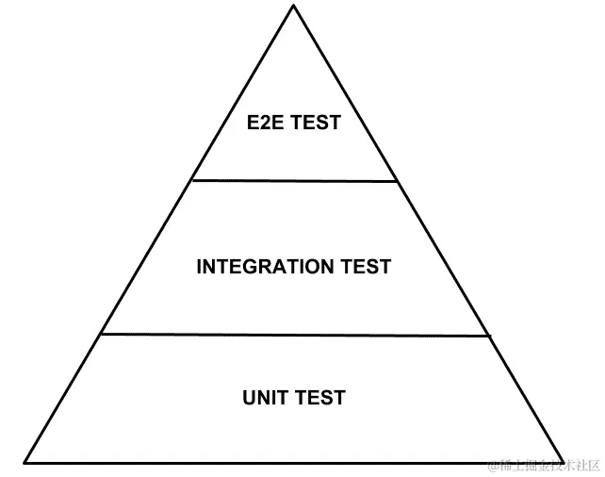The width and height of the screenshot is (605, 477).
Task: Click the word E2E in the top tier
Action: pos(266,123)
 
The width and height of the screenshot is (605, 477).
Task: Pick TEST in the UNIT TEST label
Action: pos(319,397)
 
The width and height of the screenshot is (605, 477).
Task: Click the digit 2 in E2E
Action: pos(266,123)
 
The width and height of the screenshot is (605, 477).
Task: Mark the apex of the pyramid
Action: pos(293,6)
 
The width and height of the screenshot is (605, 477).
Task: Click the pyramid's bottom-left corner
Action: pos(25,462)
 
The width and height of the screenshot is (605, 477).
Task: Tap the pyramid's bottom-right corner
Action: pos(564,462)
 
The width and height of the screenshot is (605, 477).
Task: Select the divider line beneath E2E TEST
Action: pos(294,180)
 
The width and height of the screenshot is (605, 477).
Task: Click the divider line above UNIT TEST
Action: pos(295,334)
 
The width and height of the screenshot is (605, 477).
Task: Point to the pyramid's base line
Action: pos(294,462)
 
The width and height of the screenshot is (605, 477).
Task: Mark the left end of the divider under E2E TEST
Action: pos(191,179)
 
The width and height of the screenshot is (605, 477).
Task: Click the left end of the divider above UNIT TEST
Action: pos(101,333)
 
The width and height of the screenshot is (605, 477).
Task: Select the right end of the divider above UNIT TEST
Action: pos(490,336)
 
